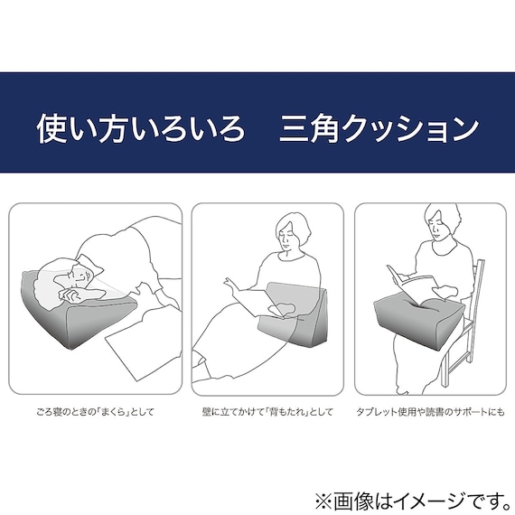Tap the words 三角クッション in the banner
379,127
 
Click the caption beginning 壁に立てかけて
267,412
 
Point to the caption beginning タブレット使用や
429,412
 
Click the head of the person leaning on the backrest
295,235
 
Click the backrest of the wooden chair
476,285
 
